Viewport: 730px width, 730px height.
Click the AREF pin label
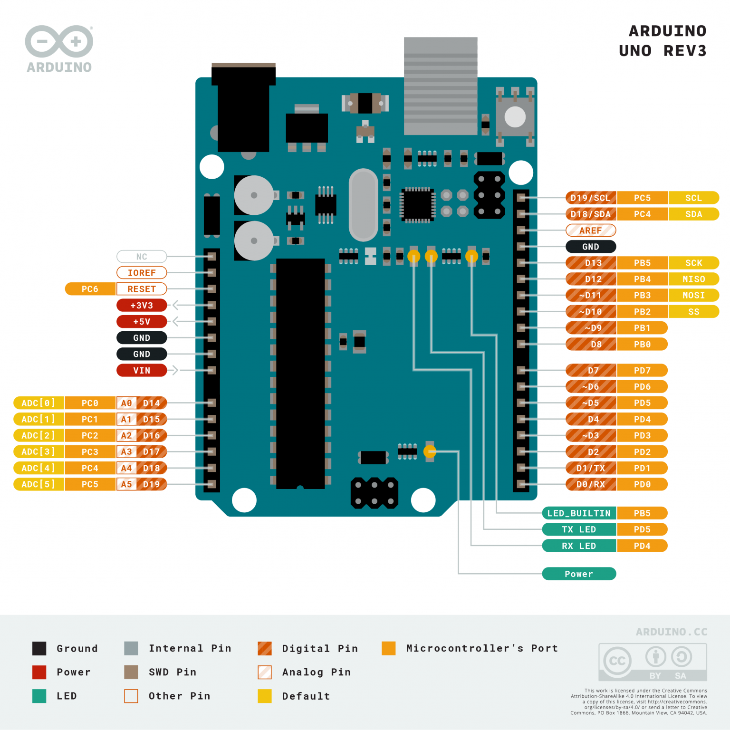591,231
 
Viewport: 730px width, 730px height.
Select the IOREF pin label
142,273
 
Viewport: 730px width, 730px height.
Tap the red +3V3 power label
142,305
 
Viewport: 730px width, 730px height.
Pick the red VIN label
142,370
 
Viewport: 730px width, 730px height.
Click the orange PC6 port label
90,289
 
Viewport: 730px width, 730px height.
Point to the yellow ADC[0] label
38,403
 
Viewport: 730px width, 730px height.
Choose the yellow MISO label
693,279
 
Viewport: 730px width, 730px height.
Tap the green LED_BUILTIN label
579,513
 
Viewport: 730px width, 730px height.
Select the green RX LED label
579,546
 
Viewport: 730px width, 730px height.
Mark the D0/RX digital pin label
591,484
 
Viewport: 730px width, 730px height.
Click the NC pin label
142,257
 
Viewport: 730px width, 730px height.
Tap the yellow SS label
693,312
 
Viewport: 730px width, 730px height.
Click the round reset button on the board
515,117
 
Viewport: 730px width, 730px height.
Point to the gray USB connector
441,86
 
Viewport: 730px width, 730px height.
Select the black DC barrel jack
243,109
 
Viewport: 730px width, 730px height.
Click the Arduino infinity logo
59,42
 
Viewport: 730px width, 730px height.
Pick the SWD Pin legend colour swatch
131,672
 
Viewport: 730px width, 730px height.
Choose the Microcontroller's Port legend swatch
388,648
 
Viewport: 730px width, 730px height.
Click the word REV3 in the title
685,51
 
